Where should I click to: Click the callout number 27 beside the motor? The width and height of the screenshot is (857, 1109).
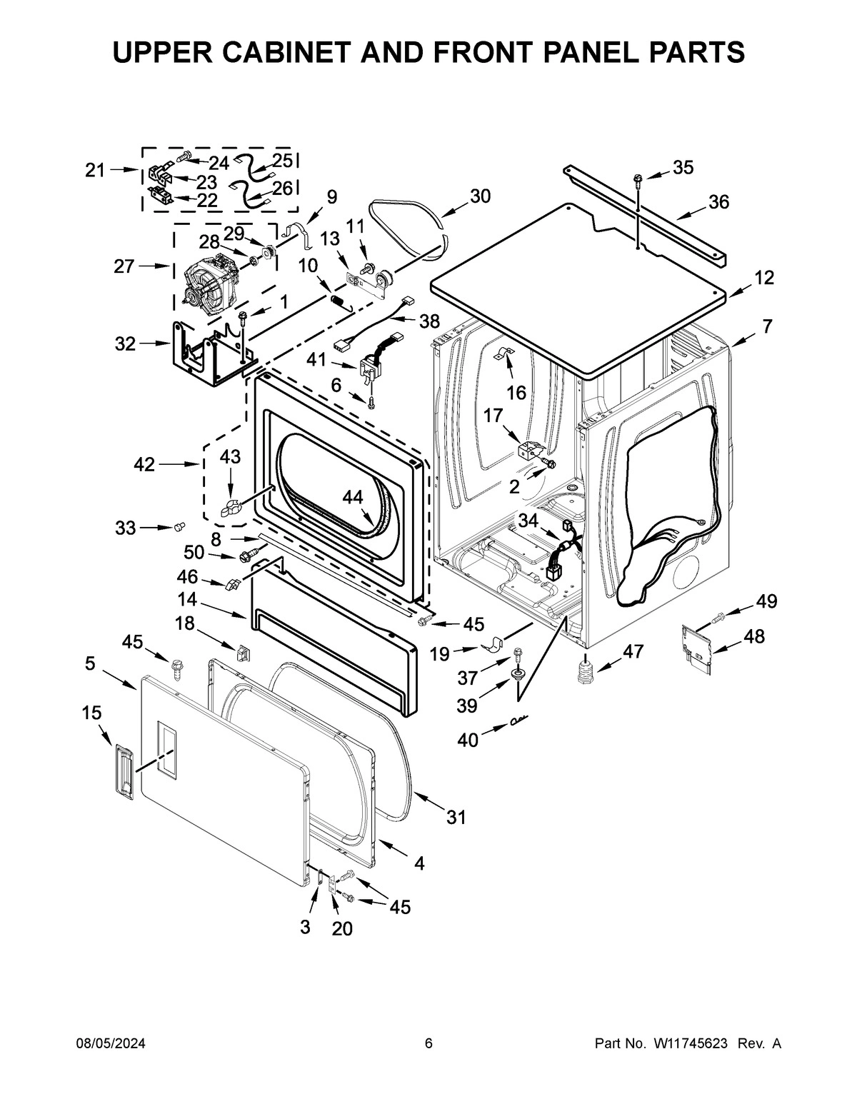click(x=125, y=267)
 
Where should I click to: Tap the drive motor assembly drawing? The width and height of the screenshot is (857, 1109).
click(x=210, y=285)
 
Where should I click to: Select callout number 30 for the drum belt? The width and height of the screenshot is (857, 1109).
click(x=481, y=196)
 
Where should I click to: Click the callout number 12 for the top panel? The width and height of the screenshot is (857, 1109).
click(x=764, y=278)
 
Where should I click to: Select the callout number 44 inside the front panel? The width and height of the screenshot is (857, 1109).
click(x=352, y=497)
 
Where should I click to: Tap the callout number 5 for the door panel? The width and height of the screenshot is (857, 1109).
click(x=89, y=663)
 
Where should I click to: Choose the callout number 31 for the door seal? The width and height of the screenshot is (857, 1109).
click(x=456, y=817)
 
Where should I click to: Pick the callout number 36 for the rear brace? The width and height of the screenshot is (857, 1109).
click(x=718, y=202)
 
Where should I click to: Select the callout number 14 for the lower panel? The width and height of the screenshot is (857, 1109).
click(x=187, y=599)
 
